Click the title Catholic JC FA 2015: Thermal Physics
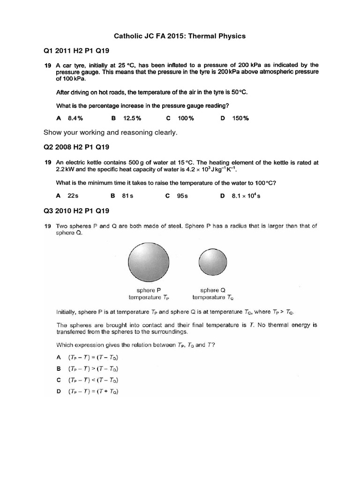click(180, 36)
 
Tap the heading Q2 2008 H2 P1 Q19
click(76, 147)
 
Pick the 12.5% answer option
click(132, 118)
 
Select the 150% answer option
click(240, 118)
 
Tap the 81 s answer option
click(127, 195)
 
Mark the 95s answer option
click(182, 195)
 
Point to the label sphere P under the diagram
click(146, 290)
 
